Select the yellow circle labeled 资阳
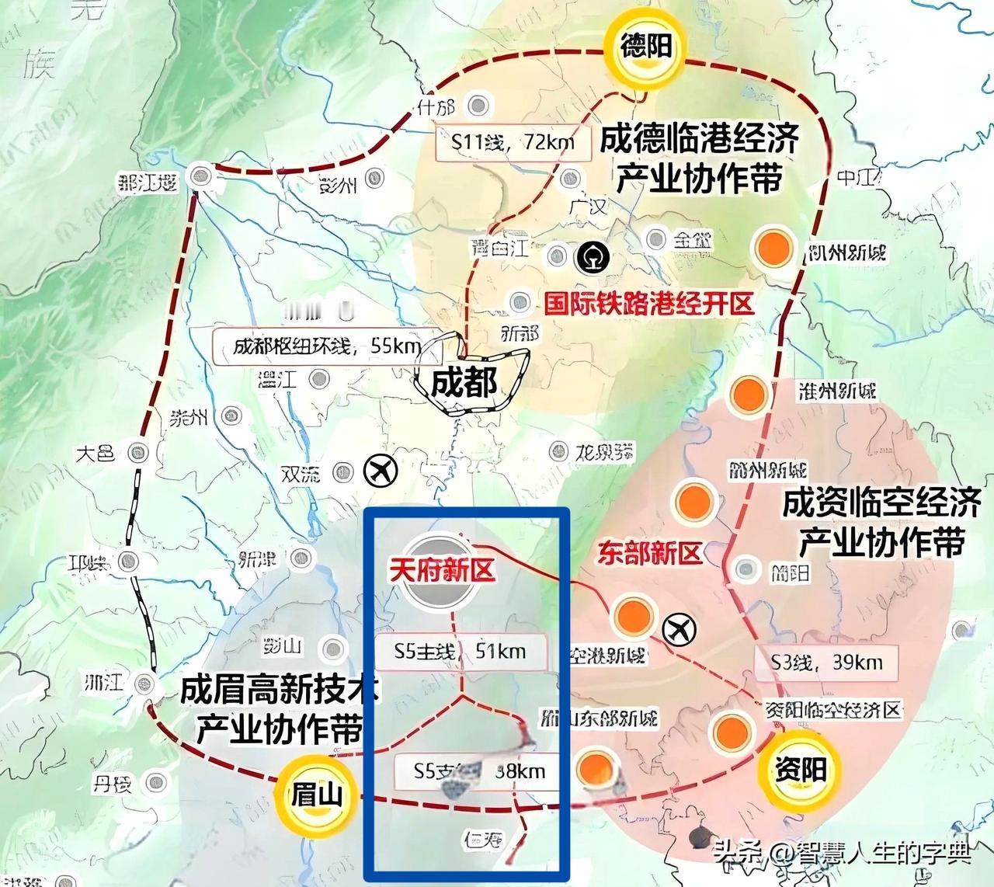[800, 767]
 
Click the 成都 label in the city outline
[464, 381]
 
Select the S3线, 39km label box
[826, 663]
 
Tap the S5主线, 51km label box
[460, 650]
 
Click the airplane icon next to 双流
[381, 471]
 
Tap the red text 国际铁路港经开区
[648, 303]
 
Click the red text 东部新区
[649, 552]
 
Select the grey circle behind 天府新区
[441, 572]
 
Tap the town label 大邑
[96, 453]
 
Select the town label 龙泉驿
[604, 451]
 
